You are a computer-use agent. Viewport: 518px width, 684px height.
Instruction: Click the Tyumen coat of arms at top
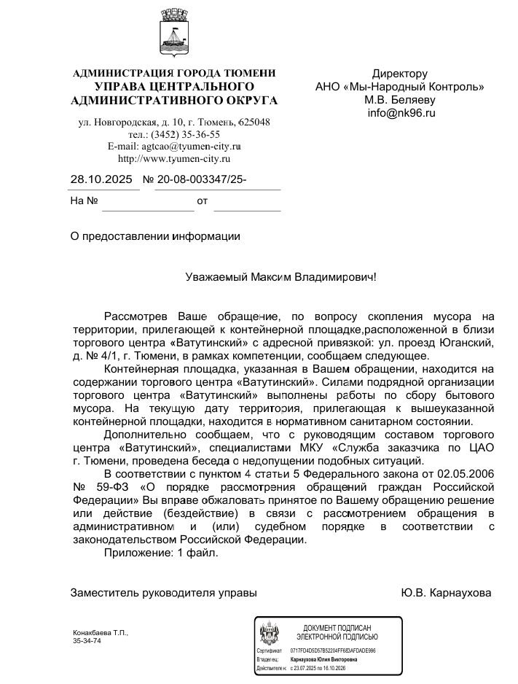[x=175, y=37]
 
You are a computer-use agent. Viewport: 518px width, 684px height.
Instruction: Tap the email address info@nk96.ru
[x=401, y=113]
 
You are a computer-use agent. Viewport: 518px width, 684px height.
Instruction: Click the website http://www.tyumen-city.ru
[x=174, y=158]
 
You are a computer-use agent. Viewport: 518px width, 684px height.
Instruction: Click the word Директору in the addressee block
[x=400, y=74]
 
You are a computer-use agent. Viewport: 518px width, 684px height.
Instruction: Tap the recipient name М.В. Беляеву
[x=400, y=100]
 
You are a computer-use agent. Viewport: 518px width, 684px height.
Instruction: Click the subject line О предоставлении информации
[x=154, y=236]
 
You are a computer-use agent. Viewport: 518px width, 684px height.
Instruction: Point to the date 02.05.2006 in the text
[x=468, y=474]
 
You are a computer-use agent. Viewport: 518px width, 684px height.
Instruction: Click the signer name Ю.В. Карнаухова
[x=446, y=593]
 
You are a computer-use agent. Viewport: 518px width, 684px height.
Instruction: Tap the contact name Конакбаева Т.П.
[x=101, y=632]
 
